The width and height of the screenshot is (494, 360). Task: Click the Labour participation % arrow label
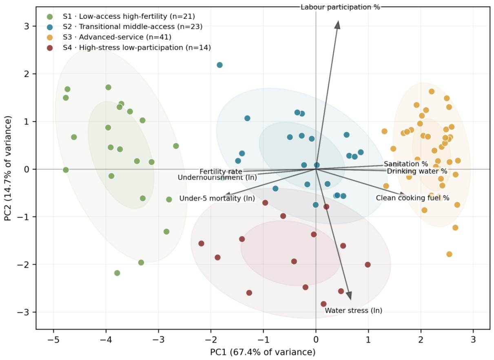coord(340,7)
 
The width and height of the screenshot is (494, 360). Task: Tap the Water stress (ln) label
coord(353,311)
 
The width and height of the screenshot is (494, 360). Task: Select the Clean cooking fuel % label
coord(412,198)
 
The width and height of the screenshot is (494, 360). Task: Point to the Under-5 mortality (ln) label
coord(217,199)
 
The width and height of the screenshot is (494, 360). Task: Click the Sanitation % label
coord(406,164)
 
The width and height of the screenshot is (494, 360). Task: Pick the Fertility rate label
coord(221,172)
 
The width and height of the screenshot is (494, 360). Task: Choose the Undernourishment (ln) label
coord(217,177)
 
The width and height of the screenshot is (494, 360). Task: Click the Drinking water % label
coord(417,171)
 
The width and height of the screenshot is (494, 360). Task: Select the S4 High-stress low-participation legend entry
coord(129,48)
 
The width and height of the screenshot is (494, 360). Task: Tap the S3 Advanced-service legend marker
coord(50,38)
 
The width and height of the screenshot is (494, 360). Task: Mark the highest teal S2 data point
coord(219,65)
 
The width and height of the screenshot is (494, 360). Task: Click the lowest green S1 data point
coord(117,273)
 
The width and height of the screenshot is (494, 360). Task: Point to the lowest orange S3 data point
coord(449,254)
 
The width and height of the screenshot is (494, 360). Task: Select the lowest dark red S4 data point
coord(323,304)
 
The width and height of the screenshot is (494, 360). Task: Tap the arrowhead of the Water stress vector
coord(349,296)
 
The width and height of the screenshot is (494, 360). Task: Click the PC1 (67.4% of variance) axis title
coord(263,352)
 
